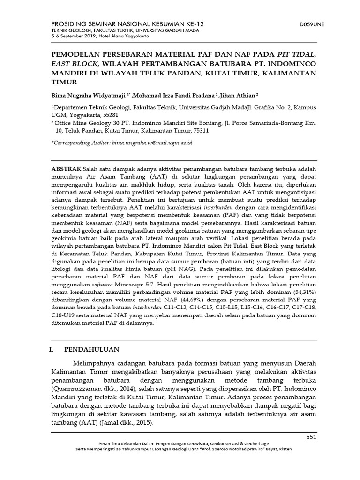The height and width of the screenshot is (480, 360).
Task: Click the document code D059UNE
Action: coord(311,23)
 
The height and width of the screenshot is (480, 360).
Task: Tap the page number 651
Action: coord(311,437)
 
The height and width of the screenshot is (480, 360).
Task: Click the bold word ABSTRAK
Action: coord(66,168)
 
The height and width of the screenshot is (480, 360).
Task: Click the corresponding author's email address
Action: coord(153,142)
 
